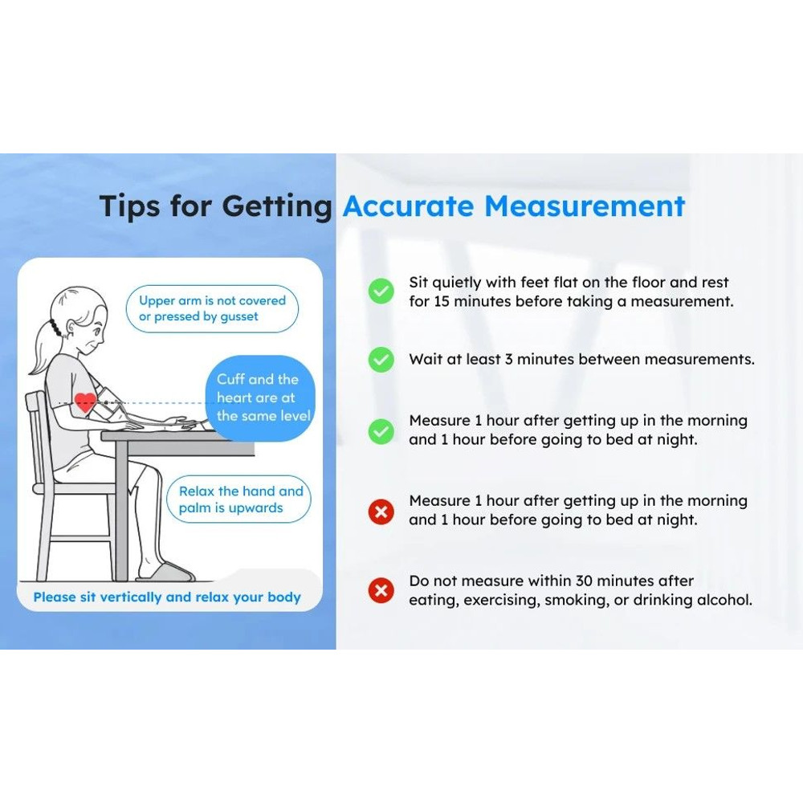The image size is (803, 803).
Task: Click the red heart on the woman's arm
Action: coord(85,402)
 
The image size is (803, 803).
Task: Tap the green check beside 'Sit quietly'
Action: coord(381,291)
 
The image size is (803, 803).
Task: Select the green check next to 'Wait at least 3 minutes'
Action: coord(381,360)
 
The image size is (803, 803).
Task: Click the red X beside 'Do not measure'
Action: coord(381,591)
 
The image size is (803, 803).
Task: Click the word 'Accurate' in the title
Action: coord(408,206)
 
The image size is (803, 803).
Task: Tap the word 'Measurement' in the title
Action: coord(585,206)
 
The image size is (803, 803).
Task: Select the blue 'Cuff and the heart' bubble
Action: coord(261,398)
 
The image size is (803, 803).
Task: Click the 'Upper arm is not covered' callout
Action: coord(212,309)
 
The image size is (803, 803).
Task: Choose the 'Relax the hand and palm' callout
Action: coord(238,499)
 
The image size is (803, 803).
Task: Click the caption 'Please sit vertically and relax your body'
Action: coord(167,597)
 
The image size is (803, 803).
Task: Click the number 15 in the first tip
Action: coord(442,302)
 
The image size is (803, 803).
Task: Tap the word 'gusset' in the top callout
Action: coord(238,317)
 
